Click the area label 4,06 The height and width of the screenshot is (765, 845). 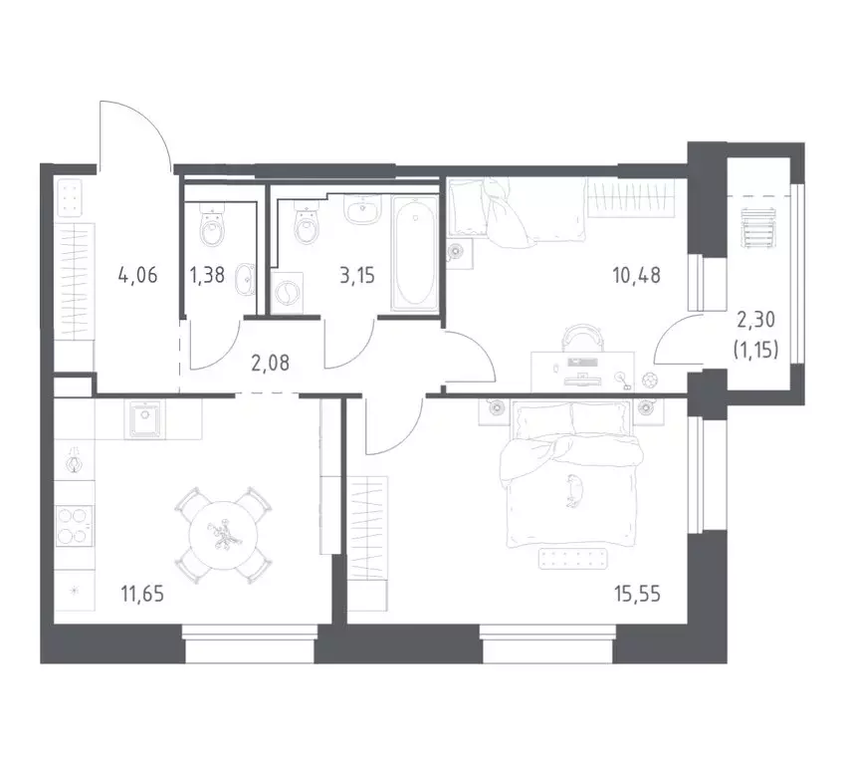pos(138,277)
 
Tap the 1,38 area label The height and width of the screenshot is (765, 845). pos(208,277)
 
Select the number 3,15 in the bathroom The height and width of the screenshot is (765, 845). pos(357,277)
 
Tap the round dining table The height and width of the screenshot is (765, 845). pos(226,535)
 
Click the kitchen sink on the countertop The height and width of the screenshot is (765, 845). pos(145,418)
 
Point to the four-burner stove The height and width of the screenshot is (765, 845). pos(75,525)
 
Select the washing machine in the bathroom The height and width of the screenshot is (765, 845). pos(288,293)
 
